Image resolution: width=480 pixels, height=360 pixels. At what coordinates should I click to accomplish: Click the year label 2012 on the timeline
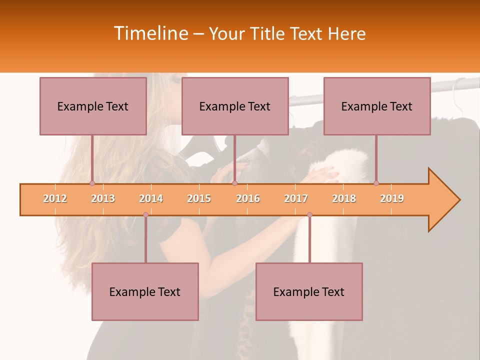pyautogui.click(x=55, y=198)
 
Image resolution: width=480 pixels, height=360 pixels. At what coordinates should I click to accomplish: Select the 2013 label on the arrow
pyautogui.click(x=103, y=198)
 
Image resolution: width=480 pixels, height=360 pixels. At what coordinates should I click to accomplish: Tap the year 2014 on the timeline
pyautogui.click(x=151, y=198)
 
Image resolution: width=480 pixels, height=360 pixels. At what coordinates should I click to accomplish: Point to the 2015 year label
pyautogui.click(x=199, y=198)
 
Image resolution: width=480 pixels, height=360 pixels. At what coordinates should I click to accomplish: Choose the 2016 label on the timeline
pyautogui.click(x=248, y=198)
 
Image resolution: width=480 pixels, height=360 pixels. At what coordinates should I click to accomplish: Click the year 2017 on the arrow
pyautogui.click(x=296, y=198)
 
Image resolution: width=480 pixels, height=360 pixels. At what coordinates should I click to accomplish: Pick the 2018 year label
pyautogui.click(x=344, y=198)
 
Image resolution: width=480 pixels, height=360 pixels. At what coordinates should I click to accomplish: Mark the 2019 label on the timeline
pyautogui.click(x=392, y=198)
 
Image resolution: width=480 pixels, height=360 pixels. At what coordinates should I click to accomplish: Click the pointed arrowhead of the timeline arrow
pyautogui.click(x=447, y=200)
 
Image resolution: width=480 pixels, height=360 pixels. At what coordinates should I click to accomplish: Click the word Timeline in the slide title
pyautogui.click(x=150, y=33)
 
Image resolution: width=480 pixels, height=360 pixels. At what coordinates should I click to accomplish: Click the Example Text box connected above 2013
pyautogui.click(x=93, y=106)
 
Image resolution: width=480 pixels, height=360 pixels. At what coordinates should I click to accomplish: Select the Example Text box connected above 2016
pyautogui.click(x=235, y=106)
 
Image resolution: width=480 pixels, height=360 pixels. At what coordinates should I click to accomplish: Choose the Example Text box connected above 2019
pyautogui.click(x=377, y=106)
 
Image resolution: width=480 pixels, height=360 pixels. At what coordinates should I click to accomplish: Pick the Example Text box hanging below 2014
pyautogui.click(x=145, y=291)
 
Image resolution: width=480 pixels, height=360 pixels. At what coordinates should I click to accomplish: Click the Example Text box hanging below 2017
pyautogui.click(x=309, y=291)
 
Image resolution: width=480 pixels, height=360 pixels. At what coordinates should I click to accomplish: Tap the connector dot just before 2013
pyautogui.click(x=92, y=183)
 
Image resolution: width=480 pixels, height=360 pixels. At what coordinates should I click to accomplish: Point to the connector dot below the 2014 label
pyautogui.click(x=145, y=214)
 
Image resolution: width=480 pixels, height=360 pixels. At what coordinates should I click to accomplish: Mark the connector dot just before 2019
pyautogui.click(x=376, y=183)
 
